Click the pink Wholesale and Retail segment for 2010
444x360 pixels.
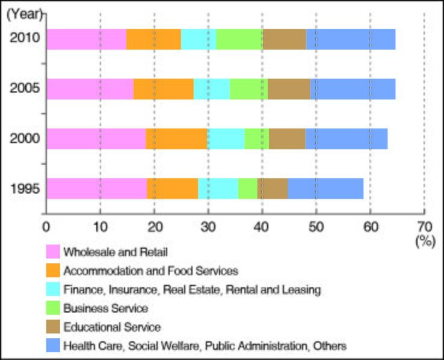coord(86,39)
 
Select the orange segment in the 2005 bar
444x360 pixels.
coord(164,89)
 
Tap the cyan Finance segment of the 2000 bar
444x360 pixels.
coord(226,139)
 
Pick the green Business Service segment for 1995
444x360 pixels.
coord(247,189)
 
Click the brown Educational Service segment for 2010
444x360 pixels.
coord(285,39)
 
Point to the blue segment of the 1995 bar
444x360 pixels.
coord(325,189)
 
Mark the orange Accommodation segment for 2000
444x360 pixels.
coord(176,139)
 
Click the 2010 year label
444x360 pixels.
coord(25,39)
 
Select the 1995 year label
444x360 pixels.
coord(25,189)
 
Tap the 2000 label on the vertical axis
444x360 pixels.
coord(25,139)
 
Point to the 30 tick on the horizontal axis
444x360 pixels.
coord(208,227)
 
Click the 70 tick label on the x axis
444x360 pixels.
coord(424,227)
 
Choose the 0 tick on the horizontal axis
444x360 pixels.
coord(46,227)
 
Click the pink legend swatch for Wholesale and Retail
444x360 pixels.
coord(52,252)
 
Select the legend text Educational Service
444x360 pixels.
coord(112,327)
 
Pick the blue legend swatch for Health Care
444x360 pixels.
coord(52,346)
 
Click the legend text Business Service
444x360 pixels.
coord(105,308)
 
